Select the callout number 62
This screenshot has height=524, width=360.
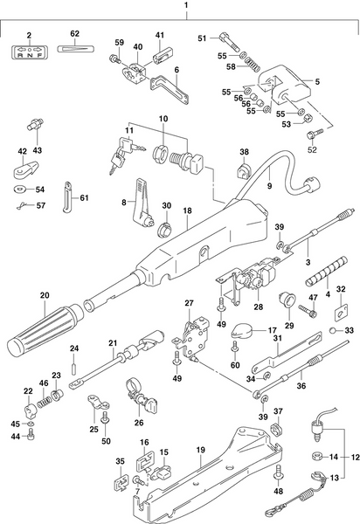(74, 34)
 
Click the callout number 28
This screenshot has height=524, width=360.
(259, 307)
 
